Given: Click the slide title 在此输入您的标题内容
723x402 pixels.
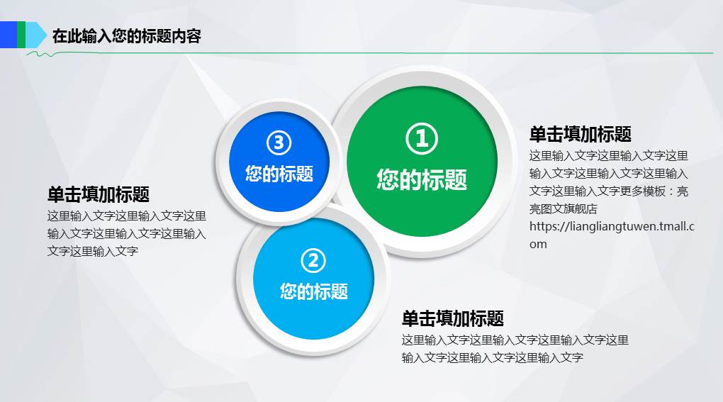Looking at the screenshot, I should (127, 35).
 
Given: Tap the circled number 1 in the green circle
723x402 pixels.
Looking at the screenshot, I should (422, 138).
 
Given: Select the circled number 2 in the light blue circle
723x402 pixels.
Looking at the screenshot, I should (313, 261).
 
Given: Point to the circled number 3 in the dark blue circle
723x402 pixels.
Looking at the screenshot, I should (279, 143).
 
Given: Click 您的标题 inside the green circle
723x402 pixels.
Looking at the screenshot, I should (422, 179).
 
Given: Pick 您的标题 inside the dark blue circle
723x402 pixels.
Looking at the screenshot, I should (279, 173).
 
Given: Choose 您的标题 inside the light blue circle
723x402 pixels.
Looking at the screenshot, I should (313, 291).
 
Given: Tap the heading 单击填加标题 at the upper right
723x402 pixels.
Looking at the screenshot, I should (580, 134).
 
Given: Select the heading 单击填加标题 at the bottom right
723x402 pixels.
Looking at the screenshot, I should (452, 318).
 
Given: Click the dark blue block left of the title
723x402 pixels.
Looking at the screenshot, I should (8, 35).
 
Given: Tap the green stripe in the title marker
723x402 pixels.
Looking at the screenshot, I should (21, 35).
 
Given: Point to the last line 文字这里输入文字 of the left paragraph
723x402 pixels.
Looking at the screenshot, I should (92, 251).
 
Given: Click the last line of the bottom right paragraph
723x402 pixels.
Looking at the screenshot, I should (492, 358).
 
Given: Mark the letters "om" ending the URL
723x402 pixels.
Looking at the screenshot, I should (538, 245).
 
